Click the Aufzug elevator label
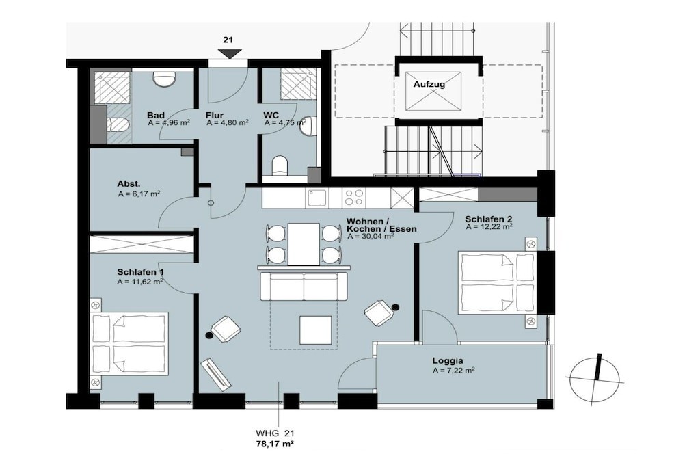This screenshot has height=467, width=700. [429, 84]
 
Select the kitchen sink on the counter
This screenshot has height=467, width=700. [317, 198]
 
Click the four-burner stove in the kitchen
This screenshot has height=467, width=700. [354, 198]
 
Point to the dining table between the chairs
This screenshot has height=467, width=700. [304, 244]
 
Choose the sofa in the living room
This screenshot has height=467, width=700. [304, 286]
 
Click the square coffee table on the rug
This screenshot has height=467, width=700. [315, 330]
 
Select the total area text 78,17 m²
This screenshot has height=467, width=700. [275, 444]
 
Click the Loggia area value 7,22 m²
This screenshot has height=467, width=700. [453, 371]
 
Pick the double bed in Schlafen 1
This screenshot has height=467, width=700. [130, 343]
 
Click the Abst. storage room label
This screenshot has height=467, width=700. [129, 183]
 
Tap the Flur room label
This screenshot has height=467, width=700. [214, 116]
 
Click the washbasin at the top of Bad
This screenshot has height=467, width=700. [163, 79]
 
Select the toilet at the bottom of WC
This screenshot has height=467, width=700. [280, 165]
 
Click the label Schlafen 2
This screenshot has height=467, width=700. [488, 219]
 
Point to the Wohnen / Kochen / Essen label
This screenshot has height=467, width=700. [381, 226]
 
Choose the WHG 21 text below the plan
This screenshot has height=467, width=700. [275, 433]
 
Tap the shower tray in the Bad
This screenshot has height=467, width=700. [113, 87]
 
